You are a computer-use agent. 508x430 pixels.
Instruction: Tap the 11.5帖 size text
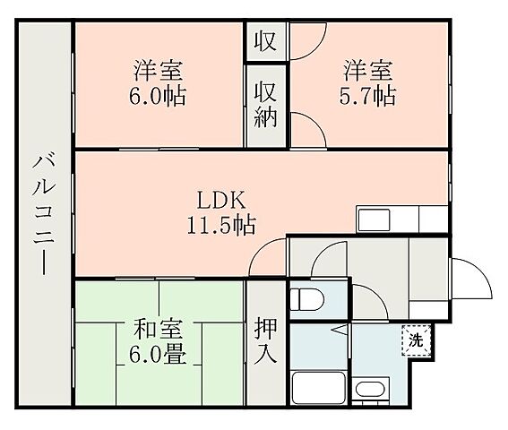pos(221,225)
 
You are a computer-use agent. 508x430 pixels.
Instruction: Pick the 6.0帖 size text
pos(158,95)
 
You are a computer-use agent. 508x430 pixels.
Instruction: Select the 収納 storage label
pos(265,105)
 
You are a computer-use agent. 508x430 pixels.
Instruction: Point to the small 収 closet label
pos(265,41)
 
